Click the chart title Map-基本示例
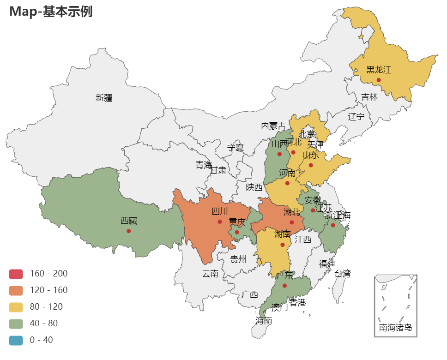51,12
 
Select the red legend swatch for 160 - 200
16,274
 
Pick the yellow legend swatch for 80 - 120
16,307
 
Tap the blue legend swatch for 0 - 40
16,340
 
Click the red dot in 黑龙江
379,80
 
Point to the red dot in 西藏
128,231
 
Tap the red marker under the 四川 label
220,222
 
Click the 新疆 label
104,97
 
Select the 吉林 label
369,97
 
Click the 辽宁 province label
356,116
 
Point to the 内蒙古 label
273,126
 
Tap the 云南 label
210,274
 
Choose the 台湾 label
342,273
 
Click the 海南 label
264,320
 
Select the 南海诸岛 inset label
395,328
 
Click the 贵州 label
238,259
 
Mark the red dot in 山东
311,165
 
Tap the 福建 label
327,264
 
